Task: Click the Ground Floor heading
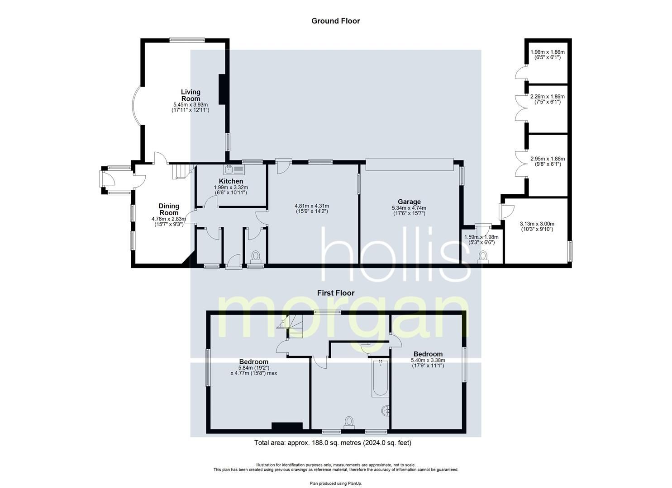tap(335, 21)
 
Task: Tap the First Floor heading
tap(335, 293)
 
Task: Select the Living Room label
tap(191, 95)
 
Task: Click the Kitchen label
tap(231, 181)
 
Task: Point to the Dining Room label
tap(168, 209)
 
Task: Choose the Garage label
tap(409, 202)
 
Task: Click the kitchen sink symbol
tap(233, 169)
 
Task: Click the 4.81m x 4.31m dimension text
tap(312, 206)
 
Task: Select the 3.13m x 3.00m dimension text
tap(537, 224)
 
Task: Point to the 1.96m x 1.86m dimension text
tap(547, 52)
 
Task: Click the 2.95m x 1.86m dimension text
tap(547, 159)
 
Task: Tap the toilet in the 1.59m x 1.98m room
tap(483, 257)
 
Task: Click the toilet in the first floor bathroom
tap(349, 422)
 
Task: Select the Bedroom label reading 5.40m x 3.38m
tap(428, 354)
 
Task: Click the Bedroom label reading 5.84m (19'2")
tap(253, 362)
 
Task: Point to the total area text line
tap(333, 443)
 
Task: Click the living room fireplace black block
tap(222, 89)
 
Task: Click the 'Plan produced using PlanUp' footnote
tap(336, 483)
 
